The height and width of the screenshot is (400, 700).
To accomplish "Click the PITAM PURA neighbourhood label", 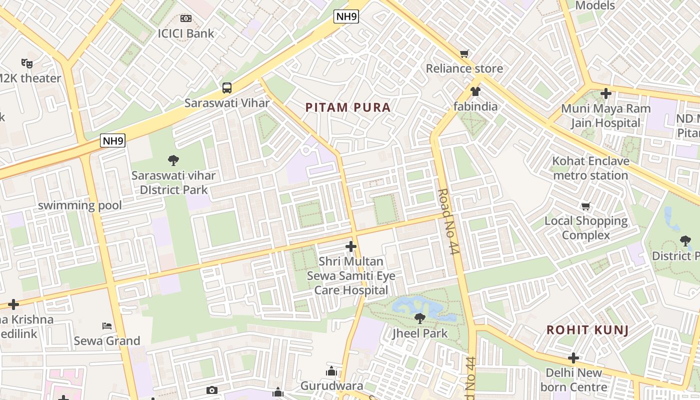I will [347, 107].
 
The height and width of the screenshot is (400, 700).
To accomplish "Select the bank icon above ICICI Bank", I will [185, 18].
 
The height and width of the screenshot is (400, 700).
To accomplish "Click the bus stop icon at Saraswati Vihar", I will [227, 88].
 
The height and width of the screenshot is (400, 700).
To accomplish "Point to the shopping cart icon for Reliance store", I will [464, 53].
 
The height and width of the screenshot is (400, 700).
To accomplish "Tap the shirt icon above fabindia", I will [475, 91].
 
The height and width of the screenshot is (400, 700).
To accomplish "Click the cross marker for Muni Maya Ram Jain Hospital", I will [606, 93].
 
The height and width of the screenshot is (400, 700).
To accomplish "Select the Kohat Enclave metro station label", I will [590, 168].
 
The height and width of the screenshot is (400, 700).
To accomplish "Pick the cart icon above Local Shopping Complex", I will [586, 206].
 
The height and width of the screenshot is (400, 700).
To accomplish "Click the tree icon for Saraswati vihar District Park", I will [173, 160].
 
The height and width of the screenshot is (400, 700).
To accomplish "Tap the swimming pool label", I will [80, 205].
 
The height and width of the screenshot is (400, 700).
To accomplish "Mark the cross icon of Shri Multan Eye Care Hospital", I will [351, 246].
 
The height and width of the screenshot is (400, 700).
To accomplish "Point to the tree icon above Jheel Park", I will [420, 318].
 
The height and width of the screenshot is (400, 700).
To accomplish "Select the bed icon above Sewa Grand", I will [107, 326].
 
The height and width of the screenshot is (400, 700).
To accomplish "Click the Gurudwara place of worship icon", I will [331, 371].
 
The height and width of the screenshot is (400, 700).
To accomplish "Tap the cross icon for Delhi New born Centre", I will [573, 358].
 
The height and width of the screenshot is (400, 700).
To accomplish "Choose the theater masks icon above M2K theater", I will [27, 63].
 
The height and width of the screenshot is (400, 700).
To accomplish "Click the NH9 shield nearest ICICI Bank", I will [346, 16].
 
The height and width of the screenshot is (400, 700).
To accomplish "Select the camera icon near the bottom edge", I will [212, 390].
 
